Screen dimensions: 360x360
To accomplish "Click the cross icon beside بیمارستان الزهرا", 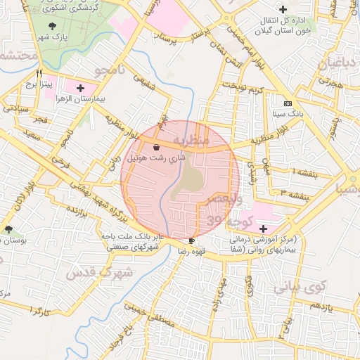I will point(79,89).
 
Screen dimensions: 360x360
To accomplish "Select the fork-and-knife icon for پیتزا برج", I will point(40,72).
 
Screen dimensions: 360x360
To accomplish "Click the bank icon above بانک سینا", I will point(288,103).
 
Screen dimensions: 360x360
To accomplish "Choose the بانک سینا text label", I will point(288,113).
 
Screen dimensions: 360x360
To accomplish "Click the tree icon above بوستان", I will point(8,229).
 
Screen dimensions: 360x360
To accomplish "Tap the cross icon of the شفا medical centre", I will point(263,229).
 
